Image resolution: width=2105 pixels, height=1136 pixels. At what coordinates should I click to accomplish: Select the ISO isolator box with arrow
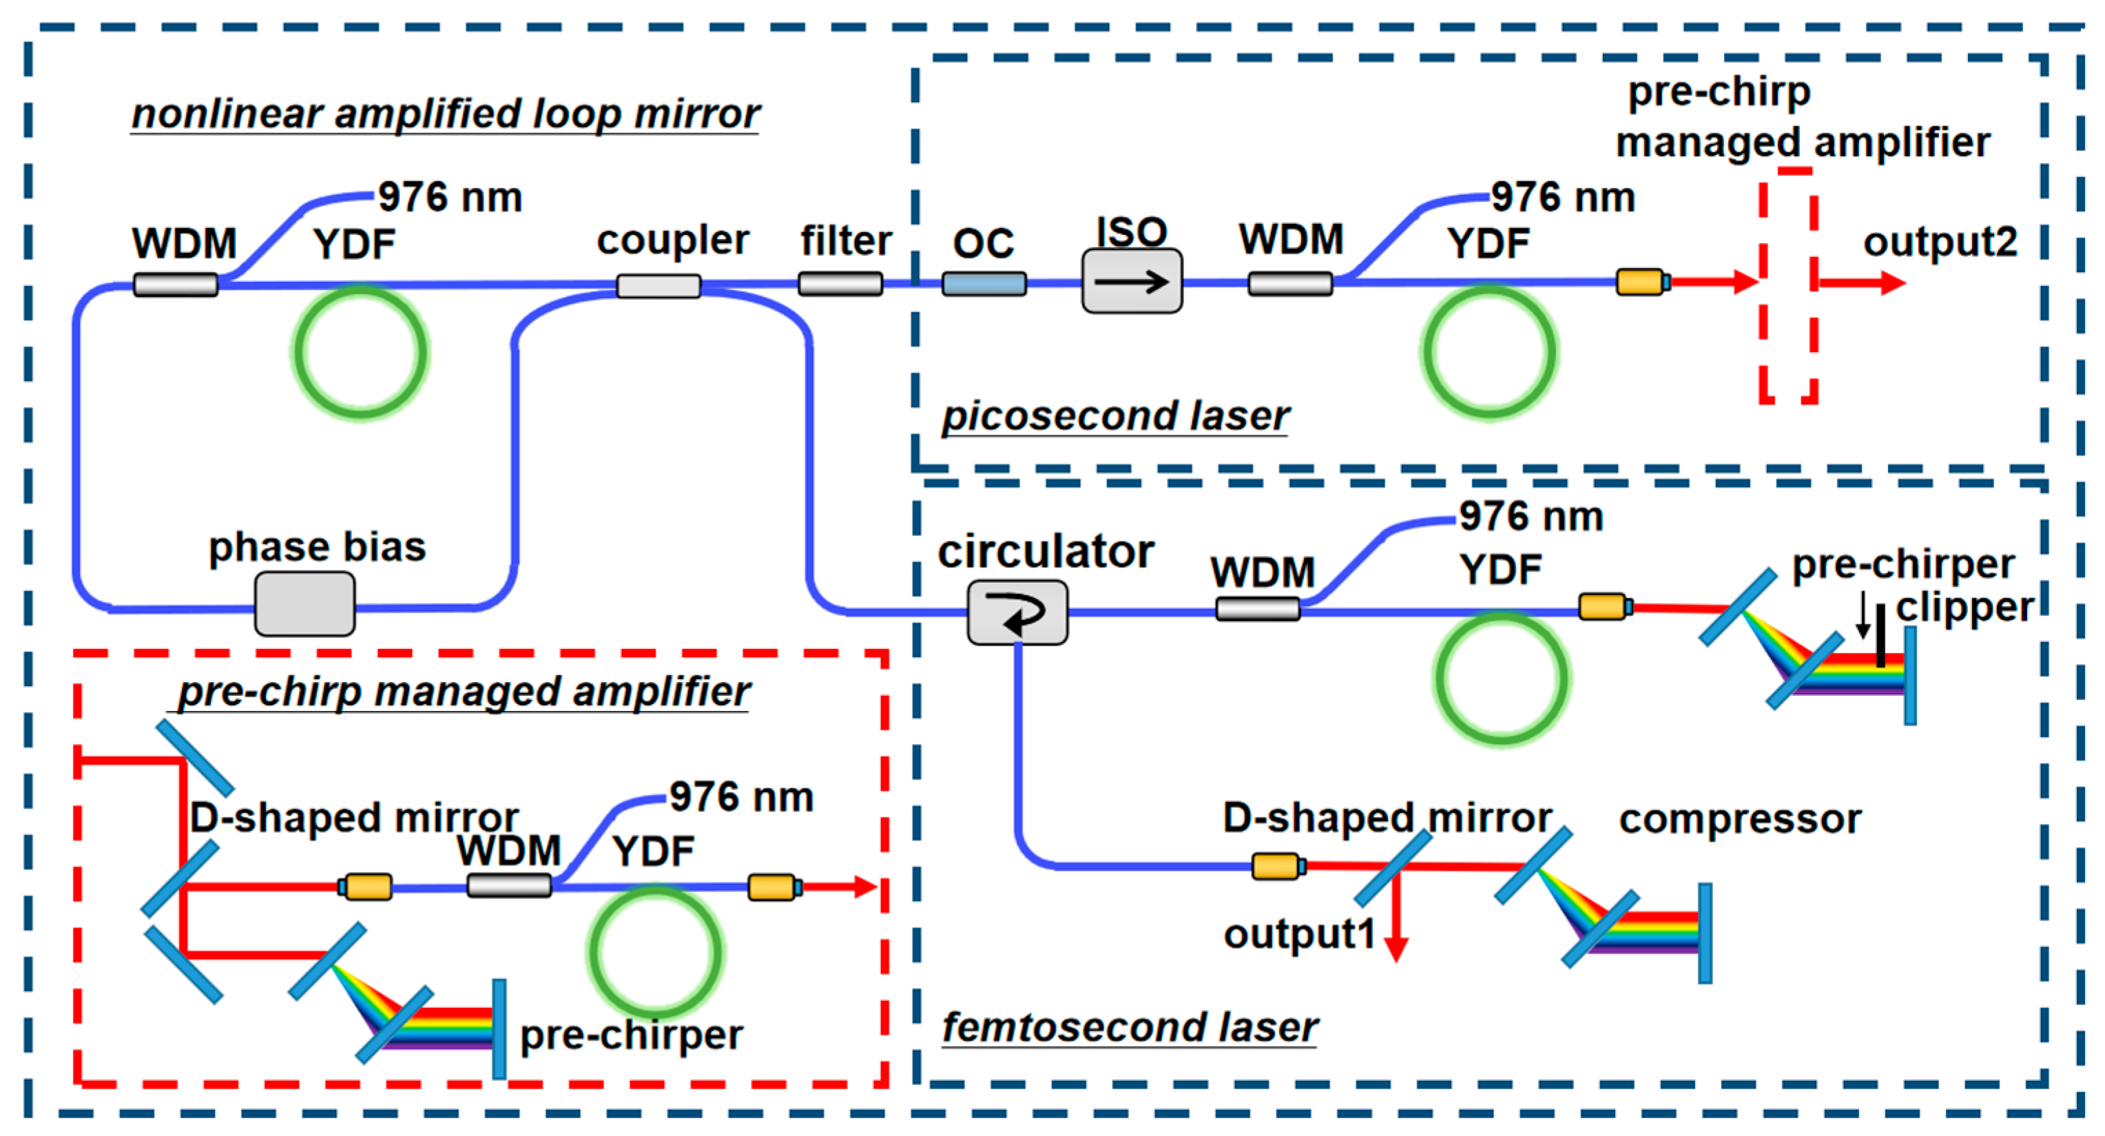pos(1131,281)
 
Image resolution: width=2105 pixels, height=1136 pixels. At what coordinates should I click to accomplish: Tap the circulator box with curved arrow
pos(1017,612)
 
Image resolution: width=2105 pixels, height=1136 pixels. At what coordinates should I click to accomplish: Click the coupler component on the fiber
pos(658,285)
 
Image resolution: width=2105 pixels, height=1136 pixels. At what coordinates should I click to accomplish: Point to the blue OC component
pos(983,284)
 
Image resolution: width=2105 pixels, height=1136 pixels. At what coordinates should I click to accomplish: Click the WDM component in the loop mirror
pos(175,285)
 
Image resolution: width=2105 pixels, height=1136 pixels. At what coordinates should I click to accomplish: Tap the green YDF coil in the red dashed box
pos(654,952)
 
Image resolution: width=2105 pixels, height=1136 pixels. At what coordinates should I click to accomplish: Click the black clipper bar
pos(1880,635)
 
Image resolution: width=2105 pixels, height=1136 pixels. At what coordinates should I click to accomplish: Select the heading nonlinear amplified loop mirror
pos(446,114)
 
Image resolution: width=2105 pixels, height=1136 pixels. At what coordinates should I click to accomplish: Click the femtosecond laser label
pos(1130,1026)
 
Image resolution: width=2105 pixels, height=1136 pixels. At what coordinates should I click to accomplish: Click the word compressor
pos(1740,819)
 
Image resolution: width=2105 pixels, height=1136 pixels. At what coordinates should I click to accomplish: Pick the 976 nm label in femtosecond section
pos(1531,517)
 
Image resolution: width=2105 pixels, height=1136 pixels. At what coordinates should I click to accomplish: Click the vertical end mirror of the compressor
pos(1705,933)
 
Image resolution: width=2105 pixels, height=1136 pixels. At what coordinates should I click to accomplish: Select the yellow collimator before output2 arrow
pos(1641,282)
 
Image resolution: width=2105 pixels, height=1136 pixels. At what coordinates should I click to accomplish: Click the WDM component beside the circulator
pos(1257,609)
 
